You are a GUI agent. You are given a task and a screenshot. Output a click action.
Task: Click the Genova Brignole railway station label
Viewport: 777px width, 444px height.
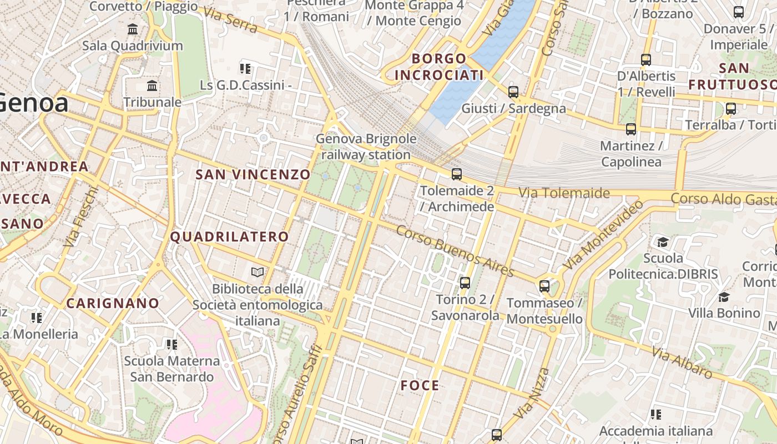point(366,147)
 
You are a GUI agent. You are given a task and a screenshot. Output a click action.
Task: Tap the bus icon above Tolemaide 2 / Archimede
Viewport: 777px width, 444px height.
point(457,174)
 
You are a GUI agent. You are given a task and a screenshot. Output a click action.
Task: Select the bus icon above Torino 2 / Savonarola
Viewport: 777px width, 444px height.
point(465,283)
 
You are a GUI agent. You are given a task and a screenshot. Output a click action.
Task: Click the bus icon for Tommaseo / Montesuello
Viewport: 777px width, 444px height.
point(544,287)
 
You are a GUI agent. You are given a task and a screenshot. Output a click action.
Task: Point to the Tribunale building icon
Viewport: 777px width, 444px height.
point(152,86)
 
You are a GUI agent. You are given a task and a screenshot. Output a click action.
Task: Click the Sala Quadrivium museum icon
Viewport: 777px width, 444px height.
point(133,29)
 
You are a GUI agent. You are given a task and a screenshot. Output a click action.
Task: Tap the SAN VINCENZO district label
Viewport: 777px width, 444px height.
point(253,175)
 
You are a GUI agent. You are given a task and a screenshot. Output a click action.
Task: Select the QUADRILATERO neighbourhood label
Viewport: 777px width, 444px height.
point(229,237)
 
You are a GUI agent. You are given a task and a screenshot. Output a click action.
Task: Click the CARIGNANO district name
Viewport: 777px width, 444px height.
point(113,304)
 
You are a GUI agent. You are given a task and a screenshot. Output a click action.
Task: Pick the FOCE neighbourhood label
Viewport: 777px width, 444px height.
point(420,386)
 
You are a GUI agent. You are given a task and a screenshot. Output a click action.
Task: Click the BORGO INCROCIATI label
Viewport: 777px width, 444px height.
point(439,67)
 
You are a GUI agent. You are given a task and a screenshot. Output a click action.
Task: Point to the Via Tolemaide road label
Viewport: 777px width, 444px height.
point(564,193)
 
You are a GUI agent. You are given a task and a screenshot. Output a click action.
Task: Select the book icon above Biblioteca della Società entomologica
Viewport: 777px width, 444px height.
point(257,272)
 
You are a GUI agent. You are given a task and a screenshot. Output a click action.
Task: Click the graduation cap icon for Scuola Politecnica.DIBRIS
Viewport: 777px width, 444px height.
point(663,242)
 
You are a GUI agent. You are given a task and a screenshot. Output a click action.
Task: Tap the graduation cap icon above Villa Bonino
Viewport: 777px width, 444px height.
point(724,297)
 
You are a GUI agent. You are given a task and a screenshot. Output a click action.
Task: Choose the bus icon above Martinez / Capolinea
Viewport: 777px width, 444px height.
point(631,130)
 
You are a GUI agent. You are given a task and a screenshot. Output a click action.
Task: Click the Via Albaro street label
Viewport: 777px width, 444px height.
point(682,363)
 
